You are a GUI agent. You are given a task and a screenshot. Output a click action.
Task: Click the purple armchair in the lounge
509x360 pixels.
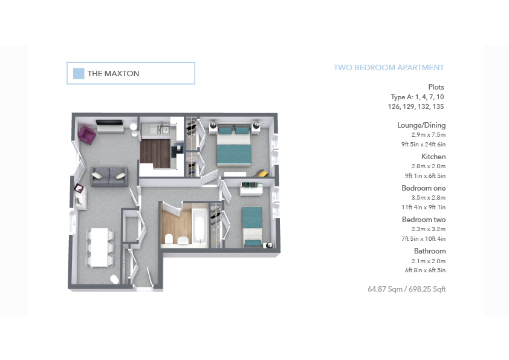pos(86,135)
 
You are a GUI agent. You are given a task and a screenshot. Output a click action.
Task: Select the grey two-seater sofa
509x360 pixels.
pos(109,177)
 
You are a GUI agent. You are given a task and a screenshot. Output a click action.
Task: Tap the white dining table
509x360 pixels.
pos(99,247)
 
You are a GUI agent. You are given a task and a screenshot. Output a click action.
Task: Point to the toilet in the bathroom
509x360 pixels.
pos(169,239)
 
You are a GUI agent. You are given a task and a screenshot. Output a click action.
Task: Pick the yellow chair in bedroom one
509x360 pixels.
pos(262,173)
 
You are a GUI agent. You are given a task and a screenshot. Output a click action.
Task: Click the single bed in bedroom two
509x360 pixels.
pos(253,227)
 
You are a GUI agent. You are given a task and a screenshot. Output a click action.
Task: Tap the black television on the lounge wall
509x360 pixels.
pos(109,122)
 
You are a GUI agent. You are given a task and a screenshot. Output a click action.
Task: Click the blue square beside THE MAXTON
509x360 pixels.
pos(79,73)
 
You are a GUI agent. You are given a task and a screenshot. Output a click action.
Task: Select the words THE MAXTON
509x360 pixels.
pos(113,74)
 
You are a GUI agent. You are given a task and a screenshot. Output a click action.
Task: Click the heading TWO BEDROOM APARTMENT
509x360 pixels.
pos(389,68)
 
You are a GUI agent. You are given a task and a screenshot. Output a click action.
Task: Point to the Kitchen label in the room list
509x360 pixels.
pos(433,157)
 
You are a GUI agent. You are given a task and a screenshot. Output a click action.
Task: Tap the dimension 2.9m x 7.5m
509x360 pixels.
pos(429,135)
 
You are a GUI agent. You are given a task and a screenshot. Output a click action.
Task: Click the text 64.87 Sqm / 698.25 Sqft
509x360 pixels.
pos(407,289)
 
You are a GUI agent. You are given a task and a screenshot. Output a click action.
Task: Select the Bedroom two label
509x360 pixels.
pos(424,220)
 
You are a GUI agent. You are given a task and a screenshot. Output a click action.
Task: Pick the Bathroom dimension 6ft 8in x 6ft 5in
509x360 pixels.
pos(425,270)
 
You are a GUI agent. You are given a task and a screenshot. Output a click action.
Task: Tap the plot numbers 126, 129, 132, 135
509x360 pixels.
pos(416,106)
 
